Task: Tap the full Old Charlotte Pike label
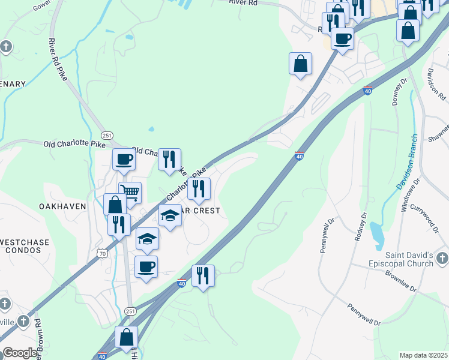(x=74, y=144)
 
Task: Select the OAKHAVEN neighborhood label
(x=62, y=206)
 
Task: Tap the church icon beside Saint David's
(x=442, y=259)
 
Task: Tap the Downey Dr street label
(x=398, y=91)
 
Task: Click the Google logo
(x=20, y=353)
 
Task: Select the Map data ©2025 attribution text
(x=423, y=355)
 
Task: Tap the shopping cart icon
(x=130, y=193)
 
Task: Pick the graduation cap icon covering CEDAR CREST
(x=170, y=215)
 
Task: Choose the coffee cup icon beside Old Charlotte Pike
(x=124, y=159)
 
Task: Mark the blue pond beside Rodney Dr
(x=377, y=235)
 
